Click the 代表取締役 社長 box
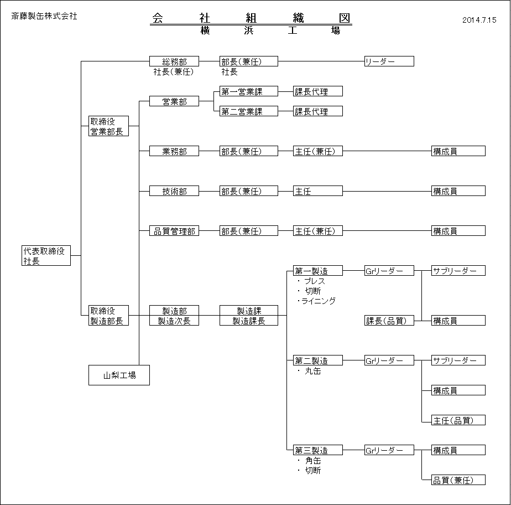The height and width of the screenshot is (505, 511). pos(46,255)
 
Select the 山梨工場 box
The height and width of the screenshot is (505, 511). pos(119,375)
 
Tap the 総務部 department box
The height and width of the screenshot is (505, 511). pos(174,61)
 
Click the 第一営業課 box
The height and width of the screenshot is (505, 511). pos(249,91)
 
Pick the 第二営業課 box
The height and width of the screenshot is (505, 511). pos(249,111)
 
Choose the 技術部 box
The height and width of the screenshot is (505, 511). pos(174,191)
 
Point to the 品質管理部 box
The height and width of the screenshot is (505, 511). pos(174,231)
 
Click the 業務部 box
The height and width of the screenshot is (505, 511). pos(174,151)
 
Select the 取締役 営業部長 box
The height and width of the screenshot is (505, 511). pos(108,126)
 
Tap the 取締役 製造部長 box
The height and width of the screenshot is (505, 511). pos(108,316)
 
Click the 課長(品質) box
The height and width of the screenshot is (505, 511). pos(389,321)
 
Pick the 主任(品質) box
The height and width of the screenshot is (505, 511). pos(458,420)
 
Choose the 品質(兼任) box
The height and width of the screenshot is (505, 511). pos(458,480)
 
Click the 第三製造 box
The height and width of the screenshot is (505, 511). pos(318,450)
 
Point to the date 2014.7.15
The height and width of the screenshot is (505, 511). pos(479,20)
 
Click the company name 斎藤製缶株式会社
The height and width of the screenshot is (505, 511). pos(44,16)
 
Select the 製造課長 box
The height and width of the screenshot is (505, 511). pos(249,321)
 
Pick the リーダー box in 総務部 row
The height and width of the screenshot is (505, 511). pos(389,61)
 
